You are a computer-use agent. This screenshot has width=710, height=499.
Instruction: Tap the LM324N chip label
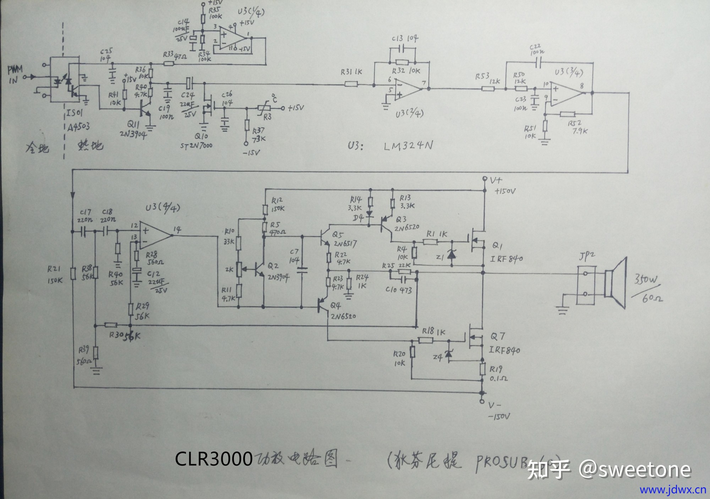point(408,146)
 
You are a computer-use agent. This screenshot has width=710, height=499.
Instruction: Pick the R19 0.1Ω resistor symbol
point(482,368)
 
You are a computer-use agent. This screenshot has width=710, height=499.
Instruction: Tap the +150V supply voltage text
point(505,191)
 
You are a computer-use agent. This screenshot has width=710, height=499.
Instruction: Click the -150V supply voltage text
point(499,416)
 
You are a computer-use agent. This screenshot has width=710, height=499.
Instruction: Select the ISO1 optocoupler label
point(75,113)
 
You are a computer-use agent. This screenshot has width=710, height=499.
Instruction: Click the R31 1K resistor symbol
point(351,84)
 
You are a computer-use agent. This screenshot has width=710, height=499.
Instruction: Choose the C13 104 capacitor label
point(405,38)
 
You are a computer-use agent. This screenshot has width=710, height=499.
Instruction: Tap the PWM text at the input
point(15,69)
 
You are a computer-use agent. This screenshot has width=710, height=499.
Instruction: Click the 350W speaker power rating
point(646,280)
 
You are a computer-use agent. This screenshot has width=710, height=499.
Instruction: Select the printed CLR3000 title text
point(214,459)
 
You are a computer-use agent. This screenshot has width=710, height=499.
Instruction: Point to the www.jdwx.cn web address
point(673,490)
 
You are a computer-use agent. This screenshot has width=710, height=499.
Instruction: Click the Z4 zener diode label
point(437,357)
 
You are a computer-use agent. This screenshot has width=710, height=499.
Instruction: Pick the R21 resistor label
point(54,270)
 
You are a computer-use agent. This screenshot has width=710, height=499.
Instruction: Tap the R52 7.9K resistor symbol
point(567,114)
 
